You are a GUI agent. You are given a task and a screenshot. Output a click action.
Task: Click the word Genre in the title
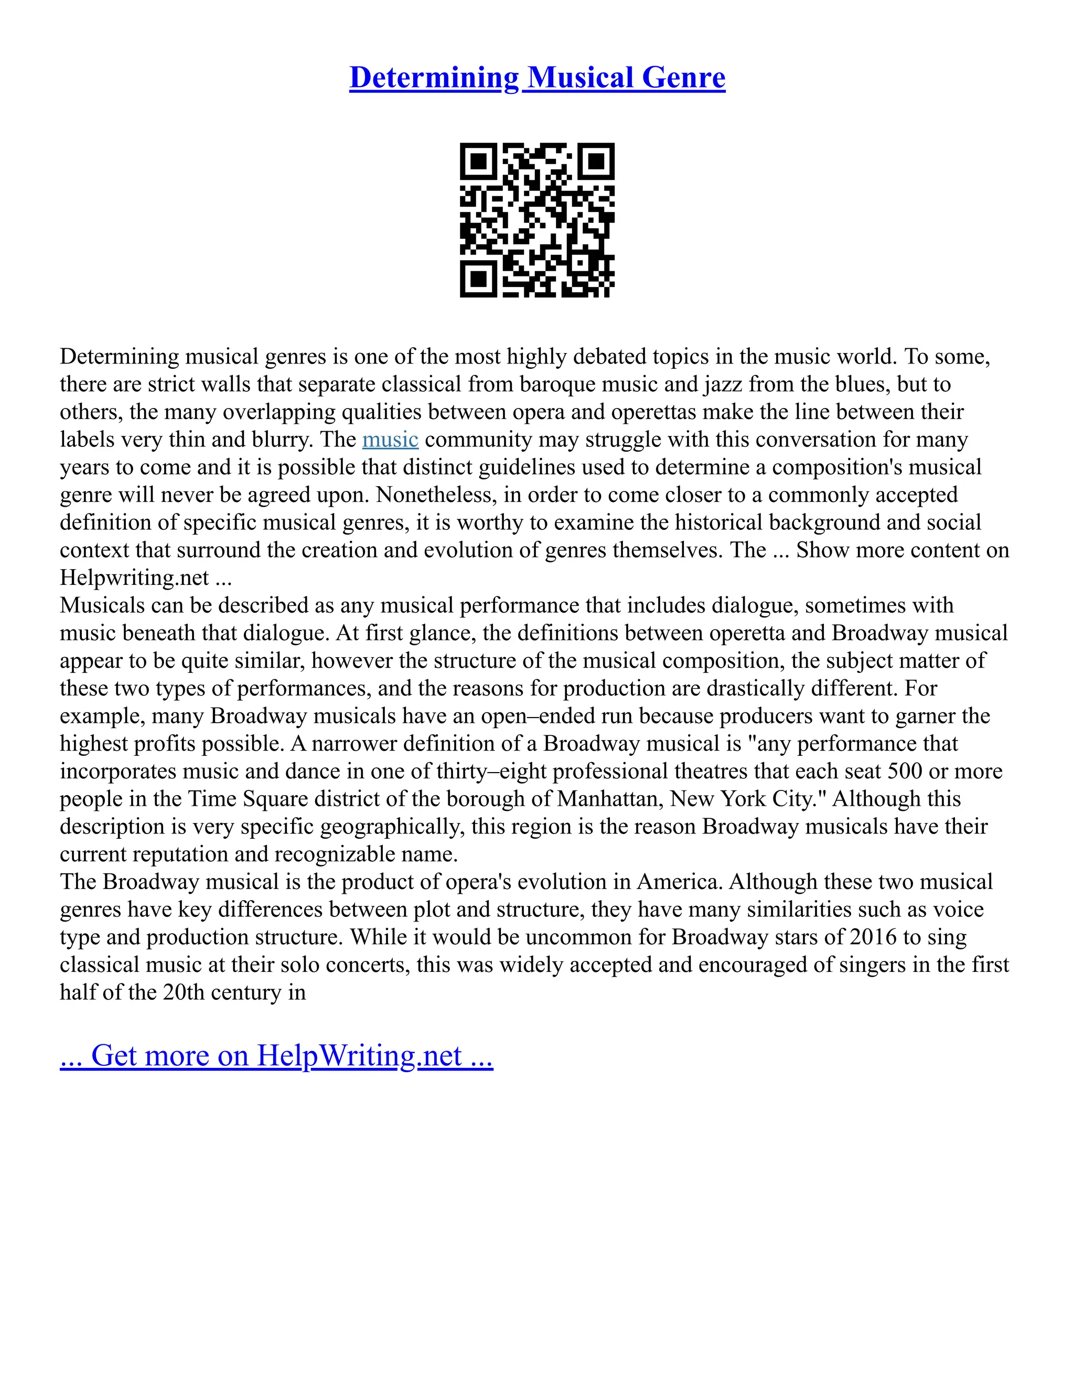(x=683, y=78)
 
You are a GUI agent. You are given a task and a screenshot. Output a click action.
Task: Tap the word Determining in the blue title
(x=434, y=78)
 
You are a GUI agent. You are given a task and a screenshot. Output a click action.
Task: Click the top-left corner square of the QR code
(x=478, y=162)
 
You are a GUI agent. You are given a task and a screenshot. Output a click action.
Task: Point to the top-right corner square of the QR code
(x=596, y=162)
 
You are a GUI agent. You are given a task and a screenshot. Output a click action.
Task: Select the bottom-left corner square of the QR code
(x=478, y=279)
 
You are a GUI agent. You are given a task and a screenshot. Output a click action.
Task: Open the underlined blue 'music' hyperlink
(x=390, y=439)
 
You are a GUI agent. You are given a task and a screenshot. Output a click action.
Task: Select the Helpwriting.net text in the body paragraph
(x=134, y=578)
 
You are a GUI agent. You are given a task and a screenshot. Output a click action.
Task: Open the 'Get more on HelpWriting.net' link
(x=276, y=1055)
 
